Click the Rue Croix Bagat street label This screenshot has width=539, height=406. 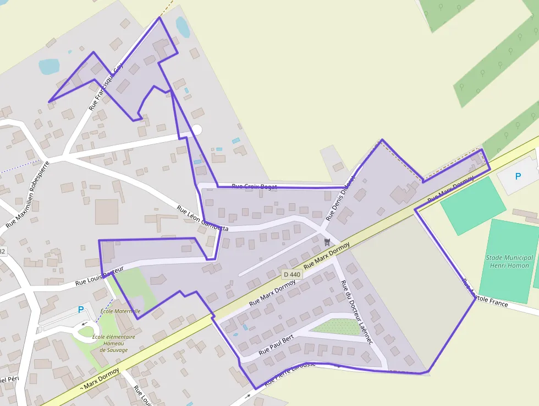click(x=254, y=187)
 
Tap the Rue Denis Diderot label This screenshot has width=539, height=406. click(x=341, y=198)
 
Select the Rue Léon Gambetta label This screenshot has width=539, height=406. click(x=202, y=218)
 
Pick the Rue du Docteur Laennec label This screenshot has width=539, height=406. click(x=356, y=312)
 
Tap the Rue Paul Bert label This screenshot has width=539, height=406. click(x=277, y=344)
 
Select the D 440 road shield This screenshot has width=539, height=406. click(x=292, y=274)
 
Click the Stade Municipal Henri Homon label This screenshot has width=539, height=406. click(x=509, y=262)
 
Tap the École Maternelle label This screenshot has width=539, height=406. click(x=120, y=311)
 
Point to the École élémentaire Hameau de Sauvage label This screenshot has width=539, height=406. click(x=113, y=343)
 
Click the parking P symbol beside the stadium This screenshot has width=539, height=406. click(x=518, y=177)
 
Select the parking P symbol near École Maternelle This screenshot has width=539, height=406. click(x=81, y=310)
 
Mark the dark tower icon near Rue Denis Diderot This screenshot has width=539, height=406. click(x=327, y=242)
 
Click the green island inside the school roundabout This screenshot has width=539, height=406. click(x=86, y=331)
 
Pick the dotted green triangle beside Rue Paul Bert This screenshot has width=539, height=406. click(x=337, y=327)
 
